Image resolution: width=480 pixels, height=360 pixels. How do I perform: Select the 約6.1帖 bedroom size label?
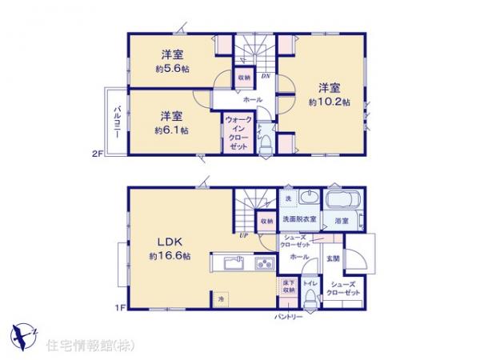(x=171, y=129)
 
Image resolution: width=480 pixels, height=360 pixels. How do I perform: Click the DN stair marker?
(x=266, y=76)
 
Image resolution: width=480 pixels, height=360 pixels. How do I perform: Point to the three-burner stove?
(x=263, y=263)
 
